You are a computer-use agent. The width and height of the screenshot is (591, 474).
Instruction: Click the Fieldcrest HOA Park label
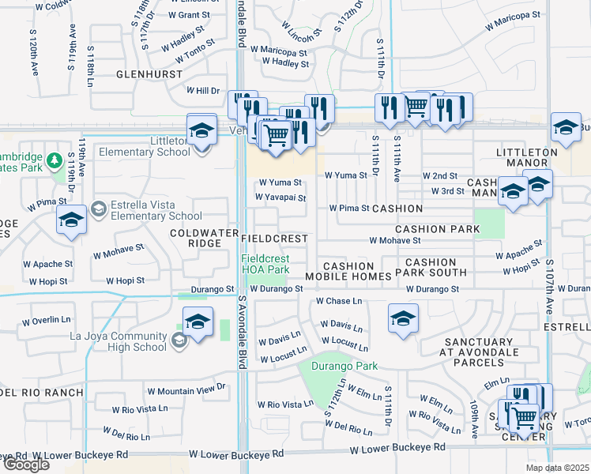[x=265, y=264]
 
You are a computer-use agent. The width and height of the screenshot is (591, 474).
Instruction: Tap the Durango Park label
[x=345, y=366]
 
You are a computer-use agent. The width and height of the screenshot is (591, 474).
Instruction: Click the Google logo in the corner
[x=26, y=465]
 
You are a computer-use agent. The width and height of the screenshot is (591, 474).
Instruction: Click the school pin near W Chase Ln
[x=403, y=320]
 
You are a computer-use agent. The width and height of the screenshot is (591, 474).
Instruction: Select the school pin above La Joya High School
[x=198, y=322]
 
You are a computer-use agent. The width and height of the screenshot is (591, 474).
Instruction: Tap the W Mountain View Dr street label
[x=186, y=390]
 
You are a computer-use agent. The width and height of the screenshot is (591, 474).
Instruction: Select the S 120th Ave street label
[x=34, y=54]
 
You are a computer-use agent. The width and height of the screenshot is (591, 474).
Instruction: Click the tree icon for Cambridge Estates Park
[x=55, y=162]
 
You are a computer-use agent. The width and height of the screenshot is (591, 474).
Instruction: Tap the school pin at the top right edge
[x=566, y=128]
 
